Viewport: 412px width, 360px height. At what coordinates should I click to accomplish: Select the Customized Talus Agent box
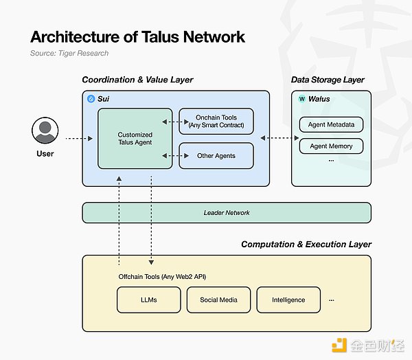tap(135, 137)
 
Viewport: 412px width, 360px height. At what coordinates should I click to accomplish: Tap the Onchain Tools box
tap(216, 121)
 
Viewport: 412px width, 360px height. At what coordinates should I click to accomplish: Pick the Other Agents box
tap(216, 155)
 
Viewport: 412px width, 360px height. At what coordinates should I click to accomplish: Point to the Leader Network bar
tap(227, 212)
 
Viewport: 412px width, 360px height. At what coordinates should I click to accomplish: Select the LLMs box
tap(148, 300)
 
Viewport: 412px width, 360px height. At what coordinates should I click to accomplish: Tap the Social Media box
tap(218, 300)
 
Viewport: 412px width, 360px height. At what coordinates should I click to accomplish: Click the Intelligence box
tap(288, 300)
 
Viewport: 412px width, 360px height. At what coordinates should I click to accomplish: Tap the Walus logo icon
tap(301, 99)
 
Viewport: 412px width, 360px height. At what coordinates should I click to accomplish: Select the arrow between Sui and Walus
tap(275, 139)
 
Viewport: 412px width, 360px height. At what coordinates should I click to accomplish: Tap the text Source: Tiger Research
tap(69, 53)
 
